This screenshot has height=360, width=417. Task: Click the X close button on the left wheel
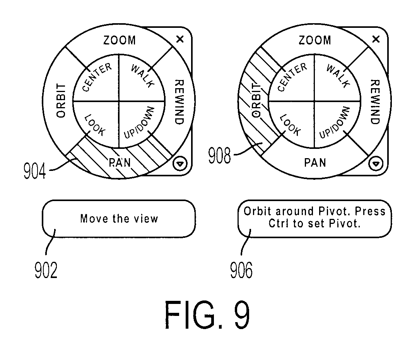point(180,39)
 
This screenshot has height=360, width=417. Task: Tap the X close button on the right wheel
point(376,39)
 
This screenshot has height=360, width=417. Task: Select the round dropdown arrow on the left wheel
point(180,164)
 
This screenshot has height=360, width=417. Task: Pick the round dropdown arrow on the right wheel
point(376,164)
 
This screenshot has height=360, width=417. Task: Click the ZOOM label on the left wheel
point(120,41)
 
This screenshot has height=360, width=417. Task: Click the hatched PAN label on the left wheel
point(120,163)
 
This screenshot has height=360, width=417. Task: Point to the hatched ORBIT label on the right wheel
point(256,100)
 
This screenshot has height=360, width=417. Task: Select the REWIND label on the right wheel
point(375,102)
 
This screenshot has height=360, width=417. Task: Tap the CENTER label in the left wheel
point(97,77)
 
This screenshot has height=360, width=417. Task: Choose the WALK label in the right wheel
point(338,76)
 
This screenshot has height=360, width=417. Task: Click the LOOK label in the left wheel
point(95,125)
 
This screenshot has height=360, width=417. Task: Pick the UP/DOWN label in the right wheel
point(334,123)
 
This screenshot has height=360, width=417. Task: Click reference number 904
point(34,171)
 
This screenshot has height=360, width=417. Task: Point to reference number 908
point(219,155)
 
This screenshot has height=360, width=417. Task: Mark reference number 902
point(46,270)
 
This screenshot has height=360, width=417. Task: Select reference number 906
point(241,270)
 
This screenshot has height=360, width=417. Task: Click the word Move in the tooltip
point(94,219)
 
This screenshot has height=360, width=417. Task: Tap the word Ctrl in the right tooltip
point(279,224)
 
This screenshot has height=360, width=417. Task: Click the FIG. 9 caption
point(207,315)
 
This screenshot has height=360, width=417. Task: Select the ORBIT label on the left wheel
point(61,101)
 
